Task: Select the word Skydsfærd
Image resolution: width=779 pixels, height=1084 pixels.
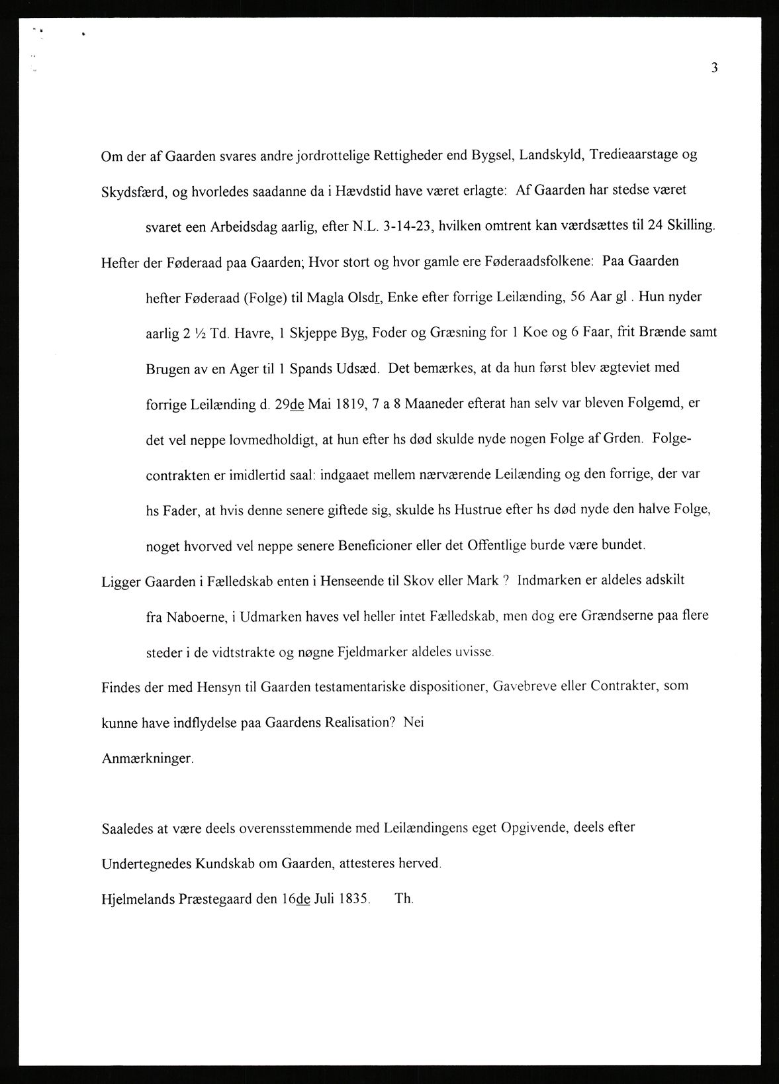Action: click(x=133, y=192)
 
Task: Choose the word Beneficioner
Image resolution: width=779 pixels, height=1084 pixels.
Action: click(x=379, y=546)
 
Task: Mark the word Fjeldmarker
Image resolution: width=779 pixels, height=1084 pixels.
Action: click(x=353, y=652)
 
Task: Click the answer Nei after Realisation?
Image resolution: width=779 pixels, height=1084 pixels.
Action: click(x=413, y=722)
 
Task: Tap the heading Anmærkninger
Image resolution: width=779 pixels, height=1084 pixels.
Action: click(x=148, y=759)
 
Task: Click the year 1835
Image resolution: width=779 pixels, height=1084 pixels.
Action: click(x=351, y=899)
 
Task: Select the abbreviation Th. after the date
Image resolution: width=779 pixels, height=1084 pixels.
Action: click(x=404, y=899)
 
